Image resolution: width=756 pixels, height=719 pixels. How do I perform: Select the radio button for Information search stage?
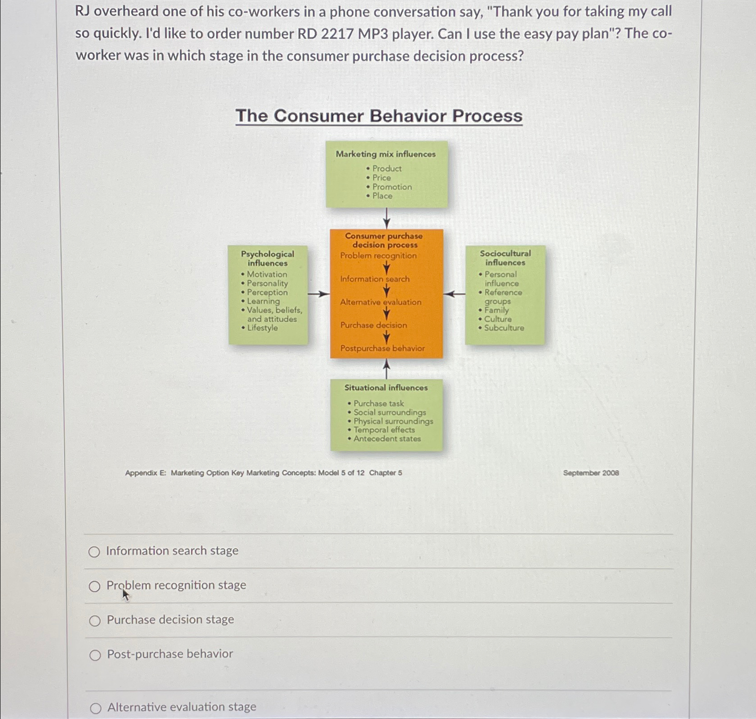pos(94,552)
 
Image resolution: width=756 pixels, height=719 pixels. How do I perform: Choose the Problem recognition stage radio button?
pos(94,586)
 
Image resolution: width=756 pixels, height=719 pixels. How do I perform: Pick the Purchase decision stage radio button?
pos(95,621)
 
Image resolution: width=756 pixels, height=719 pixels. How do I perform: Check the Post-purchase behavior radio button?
pos(95,655)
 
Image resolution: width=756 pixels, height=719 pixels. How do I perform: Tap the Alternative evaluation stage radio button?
pos(96,708)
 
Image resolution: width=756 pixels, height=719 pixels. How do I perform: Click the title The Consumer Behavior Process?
pos(379,116)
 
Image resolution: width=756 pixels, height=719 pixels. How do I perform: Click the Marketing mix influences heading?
pos(385,154)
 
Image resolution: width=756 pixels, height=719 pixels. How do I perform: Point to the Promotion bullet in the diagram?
pos(392,187)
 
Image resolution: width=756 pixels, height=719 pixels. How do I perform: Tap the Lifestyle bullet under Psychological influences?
pos(262,328)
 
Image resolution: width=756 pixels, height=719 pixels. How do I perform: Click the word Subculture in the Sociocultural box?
pos(504,328)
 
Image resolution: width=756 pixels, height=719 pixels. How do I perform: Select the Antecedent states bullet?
pos(387,439)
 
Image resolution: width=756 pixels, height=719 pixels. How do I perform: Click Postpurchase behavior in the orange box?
pos(382,348)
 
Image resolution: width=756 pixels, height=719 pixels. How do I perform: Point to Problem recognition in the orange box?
pos(378,256)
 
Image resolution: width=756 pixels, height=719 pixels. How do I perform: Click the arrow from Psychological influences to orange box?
pos(318,294)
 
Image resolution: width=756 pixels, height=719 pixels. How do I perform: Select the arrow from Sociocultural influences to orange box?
pos(454,294)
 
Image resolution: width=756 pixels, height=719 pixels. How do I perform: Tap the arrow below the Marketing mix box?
pos(386,218)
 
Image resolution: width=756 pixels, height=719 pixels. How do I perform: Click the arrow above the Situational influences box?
pos(386,369)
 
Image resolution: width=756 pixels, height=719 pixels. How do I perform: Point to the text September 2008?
pos(591,473)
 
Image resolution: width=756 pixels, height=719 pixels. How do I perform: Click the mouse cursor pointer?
pos(125,594)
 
